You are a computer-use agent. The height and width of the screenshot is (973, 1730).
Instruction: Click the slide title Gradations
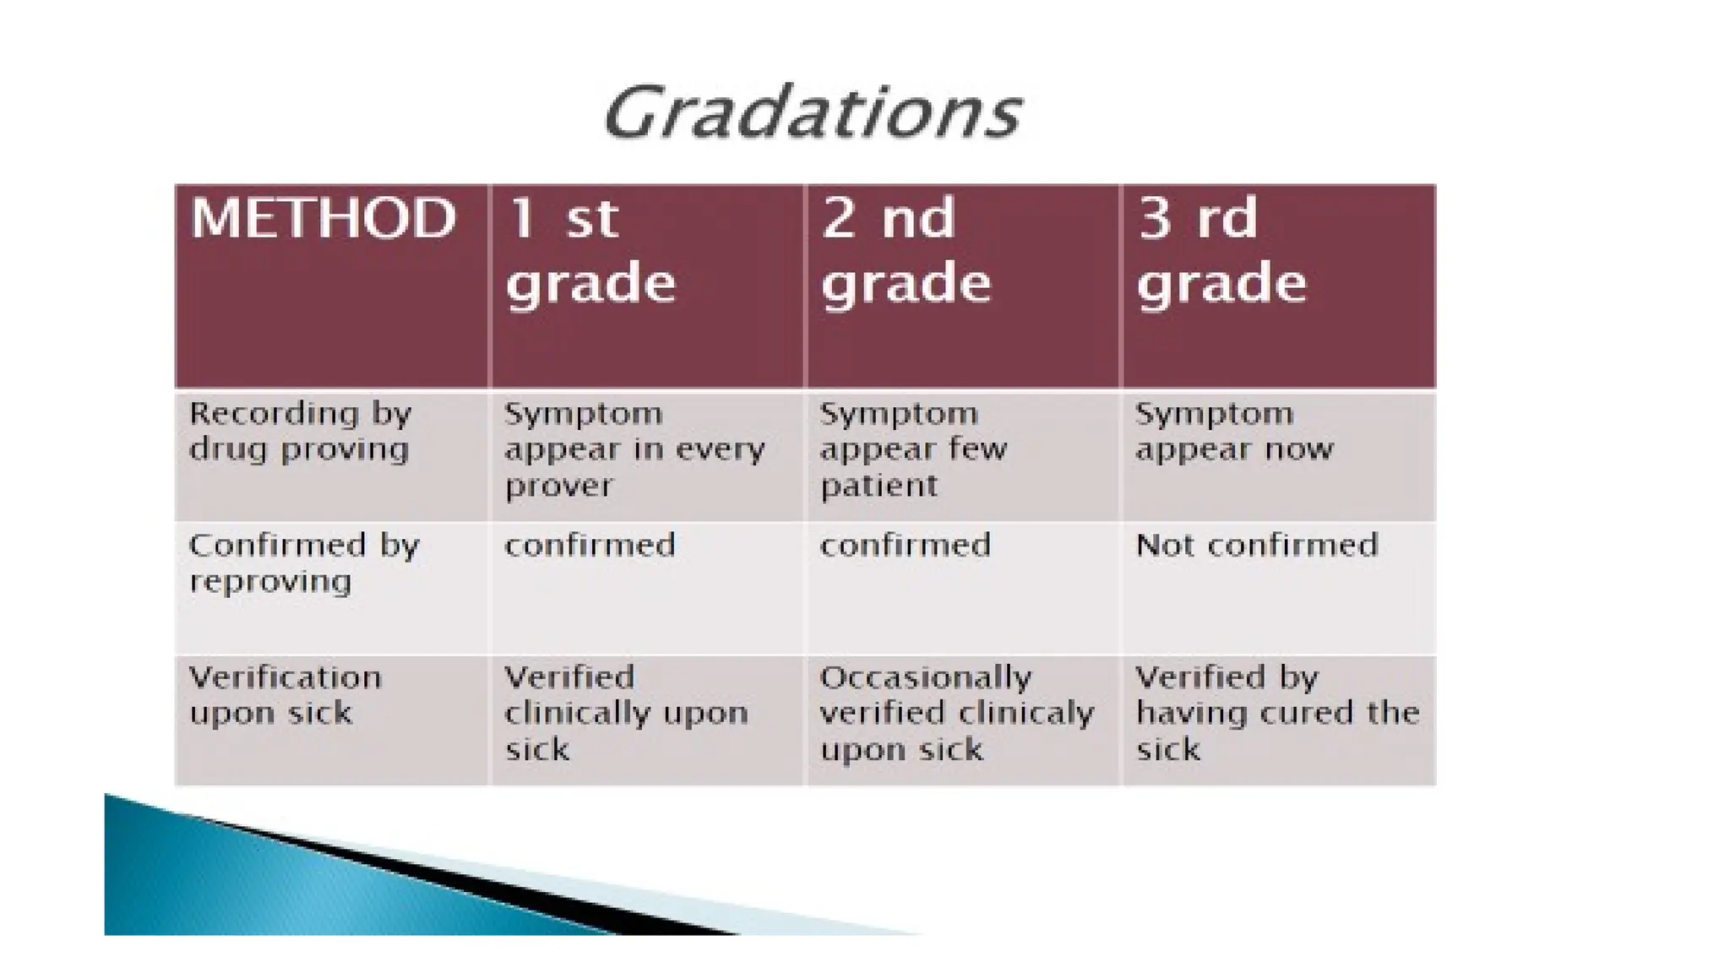(813, 113)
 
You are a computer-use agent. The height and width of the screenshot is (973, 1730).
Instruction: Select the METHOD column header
(324, 219)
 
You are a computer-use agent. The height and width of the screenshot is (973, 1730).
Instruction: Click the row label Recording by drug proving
(300, 432)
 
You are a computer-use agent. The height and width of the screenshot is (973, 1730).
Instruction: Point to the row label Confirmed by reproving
(303, 563)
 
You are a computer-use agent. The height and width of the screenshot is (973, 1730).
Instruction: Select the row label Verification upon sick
(285, 695)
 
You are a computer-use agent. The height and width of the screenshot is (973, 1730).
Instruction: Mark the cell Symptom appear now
(1233, 432)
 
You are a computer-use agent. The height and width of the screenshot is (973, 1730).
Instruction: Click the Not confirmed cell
(1256, 546)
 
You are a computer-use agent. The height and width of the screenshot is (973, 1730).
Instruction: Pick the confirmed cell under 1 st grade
(590, 546)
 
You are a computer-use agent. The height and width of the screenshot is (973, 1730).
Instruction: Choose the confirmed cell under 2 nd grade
(905, 546)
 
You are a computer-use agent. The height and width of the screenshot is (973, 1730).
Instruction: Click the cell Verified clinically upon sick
(626, 714)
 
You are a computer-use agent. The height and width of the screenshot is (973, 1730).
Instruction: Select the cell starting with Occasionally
(956, 714)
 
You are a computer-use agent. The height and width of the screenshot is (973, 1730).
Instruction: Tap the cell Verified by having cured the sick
(1276, 714)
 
